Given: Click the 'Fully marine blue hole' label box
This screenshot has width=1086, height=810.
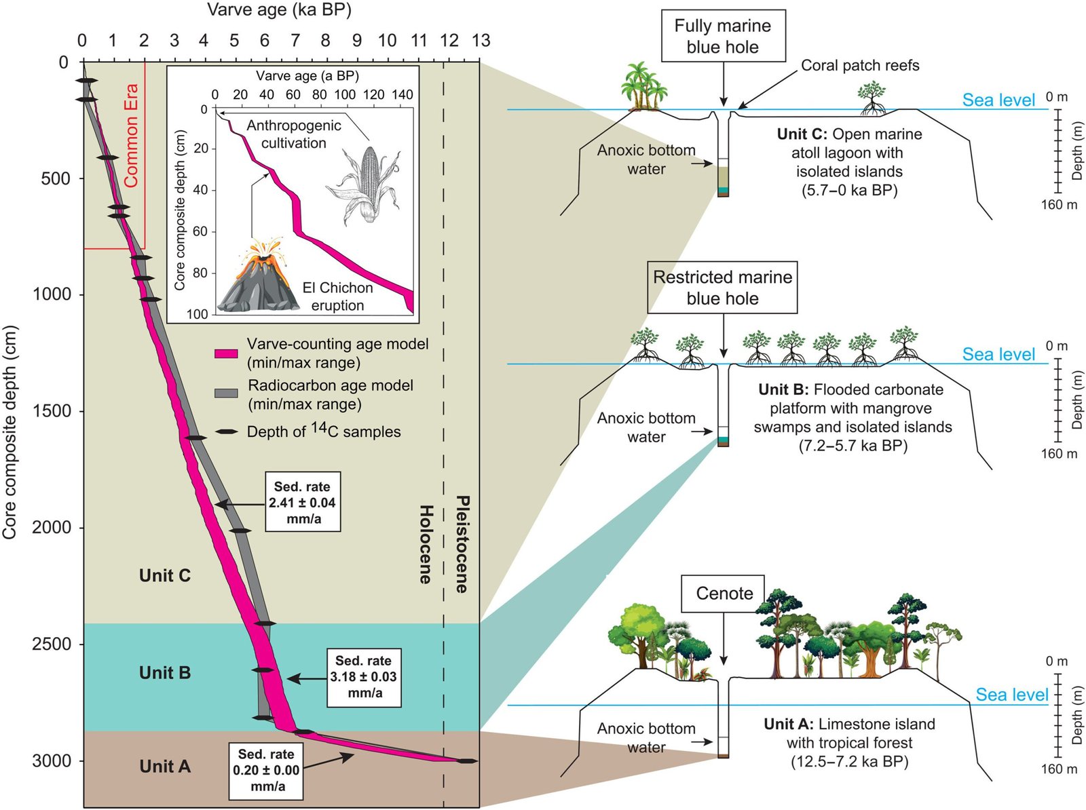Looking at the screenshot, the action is click(723, 36).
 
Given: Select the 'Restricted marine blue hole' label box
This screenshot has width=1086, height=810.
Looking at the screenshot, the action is click(722, 288).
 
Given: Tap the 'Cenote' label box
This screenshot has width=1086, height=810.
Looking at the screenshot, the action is click(724, 594).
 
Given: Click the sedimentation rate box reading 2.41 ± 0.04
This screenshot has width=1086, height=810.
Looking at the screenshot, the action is click(303, 502).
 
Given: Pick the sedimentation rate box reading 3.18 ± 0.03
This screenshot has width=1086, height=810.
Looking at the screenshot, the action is click(364, 678).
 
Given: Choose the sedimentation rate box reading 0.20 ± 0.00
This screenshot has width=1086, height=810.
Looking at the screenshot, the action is click(266, 771).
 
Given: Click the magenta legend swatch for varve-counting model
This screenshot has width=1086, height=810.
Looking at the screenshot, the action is click(226, 353).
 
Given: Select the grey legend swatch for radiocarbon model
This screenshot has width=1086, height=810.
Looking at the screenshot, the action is click(226, 393).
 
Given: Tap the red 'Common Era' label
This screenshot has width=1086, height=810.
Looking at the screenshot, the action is click(130, 135).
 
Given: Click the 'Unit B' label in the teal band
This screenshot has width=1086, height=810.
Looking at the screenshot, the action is click(165, 673).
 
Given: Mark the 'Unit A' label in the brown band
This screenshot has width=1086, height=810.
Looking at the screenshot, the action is click(165, 767).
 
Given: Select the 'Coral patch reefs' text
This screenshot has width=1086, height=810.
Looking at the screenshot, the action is click(860, 65).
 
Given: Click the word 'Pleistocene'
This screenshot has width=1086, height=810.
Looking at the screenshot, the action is click(462, 544).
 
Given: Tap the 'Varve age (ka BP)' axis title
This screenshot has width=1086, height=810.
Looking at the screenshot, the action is click(279, 10).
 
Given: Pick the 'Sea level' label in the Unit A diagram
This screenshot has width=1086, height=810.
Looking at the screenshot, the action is click(1012, 695).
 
